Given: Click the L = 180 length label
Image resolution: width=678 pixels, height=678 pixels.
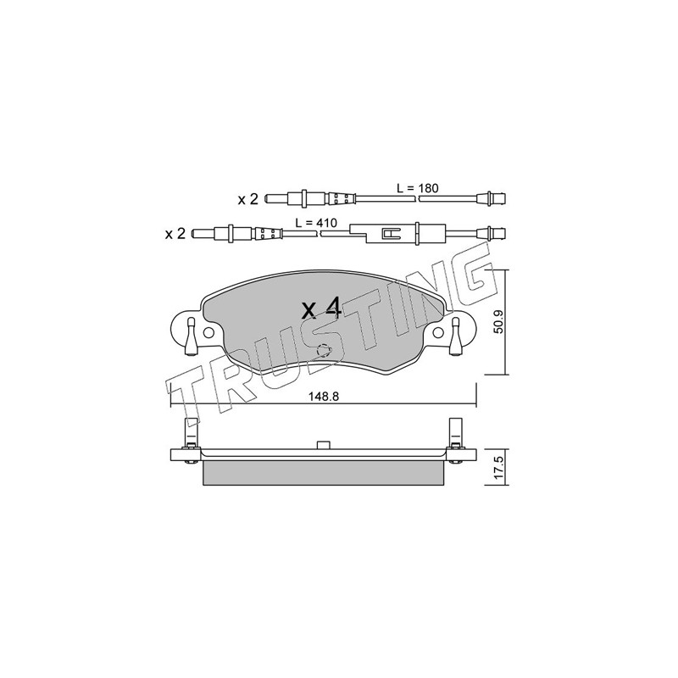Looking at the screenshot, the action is click(x=417, y=188).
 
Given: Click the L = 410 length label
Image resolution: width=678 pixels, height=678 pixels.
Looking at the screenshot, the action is click(x=315, y=223).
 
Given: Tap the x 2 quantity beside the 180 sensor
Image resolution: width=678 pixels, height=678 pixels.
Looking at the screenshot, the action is click(x=247, y=199).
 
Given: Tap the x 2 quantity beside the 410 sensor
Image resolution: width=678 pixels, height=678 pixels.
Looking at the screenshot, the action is click(x=175, y=234).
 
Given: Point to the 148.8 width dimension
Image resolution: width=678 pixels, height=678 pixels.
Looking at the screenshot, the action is click(x=324, y=396).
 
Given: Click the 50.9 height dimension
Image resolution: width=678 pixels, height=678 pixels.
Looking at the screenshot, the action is click(x=498, y=322).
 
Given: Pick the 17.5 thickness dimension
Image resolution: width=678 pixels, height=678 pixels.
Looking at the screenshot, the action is click(x=498, y=467).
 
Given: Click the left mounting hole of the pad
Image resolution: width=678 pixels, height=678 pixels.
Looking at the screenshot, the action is click(x=208, y=332).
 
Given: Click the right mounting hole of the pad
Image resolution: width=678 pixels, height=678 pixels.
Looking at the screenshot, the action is click(x=438, y=332).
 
